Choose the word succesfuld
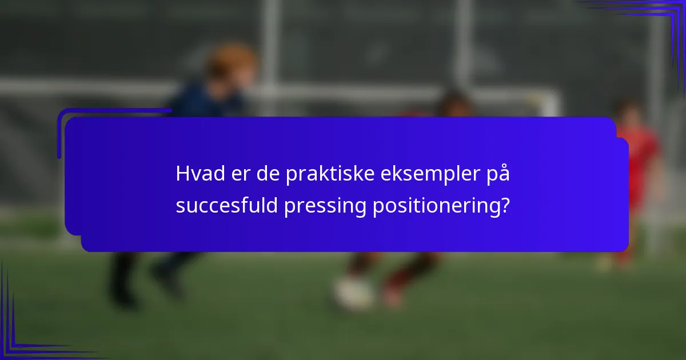[226, 206]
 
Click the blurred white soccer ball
[353, 292]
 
